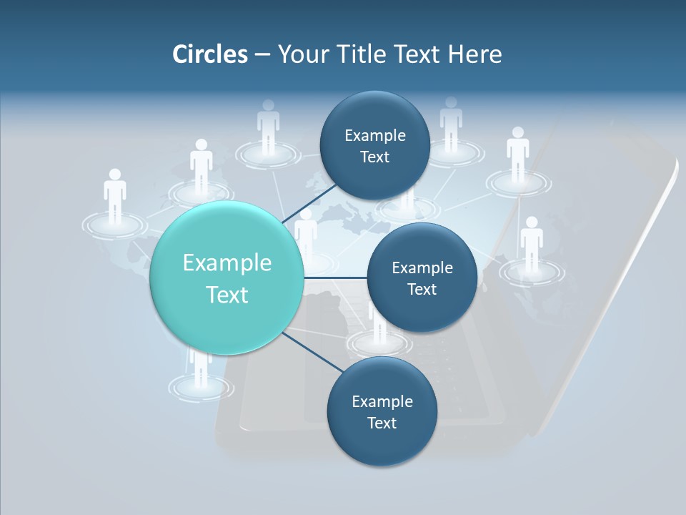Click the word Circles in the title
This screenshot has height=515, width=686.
[x=209, y=54]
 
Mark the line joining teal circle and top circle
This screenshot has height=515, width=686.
[x=309, y=203]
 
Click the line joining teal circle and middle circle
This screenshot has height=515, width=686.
[x=336, y=278]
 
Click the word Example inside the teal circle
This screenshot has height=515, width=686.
[x=227, y=263]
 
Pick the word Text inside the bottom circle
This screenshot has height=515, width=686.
[x=382, y=423]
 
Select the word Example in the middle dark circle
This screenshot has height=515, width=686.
[x=422, y=268]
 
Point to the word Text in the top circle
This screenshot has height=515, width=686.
[x=374, y=157]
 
